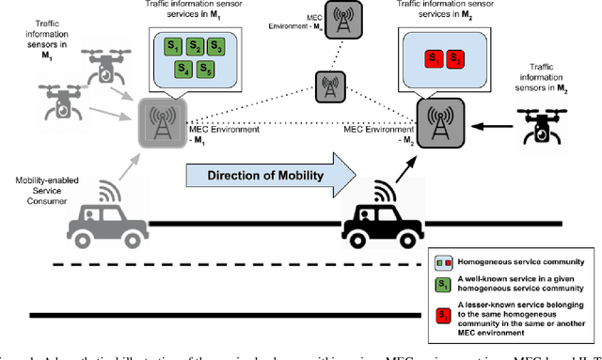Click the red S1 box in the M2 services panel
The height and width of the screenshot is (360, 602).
[x=435, y=58]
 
